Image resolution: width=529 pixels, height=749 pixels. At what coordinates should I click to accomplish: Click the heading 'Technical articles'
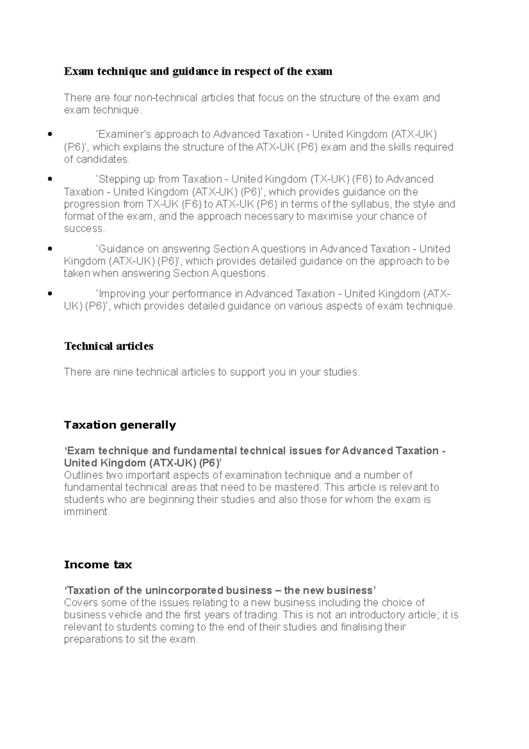click(108, 346)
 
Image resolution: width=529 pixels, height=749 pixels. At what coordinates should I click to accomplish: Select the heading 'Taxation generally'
click(119, 425)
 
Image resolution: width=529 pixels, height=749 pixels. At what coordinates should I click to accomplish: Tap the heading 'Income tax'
click(98, 565)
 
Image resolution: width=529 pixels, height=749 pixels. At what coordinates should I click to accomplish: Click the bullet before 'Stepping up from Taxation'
click(50, 179)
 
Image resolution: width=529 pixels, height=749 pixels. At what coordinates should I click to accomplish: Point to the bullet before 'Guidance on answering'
click(50, 249)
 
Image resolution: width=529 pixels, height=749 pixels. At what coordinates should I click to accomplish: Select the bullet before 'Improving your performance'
click(50, 294)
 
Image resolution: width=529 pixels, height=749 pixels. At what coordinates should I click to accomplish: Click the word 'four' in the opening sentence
click(122, 97)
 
